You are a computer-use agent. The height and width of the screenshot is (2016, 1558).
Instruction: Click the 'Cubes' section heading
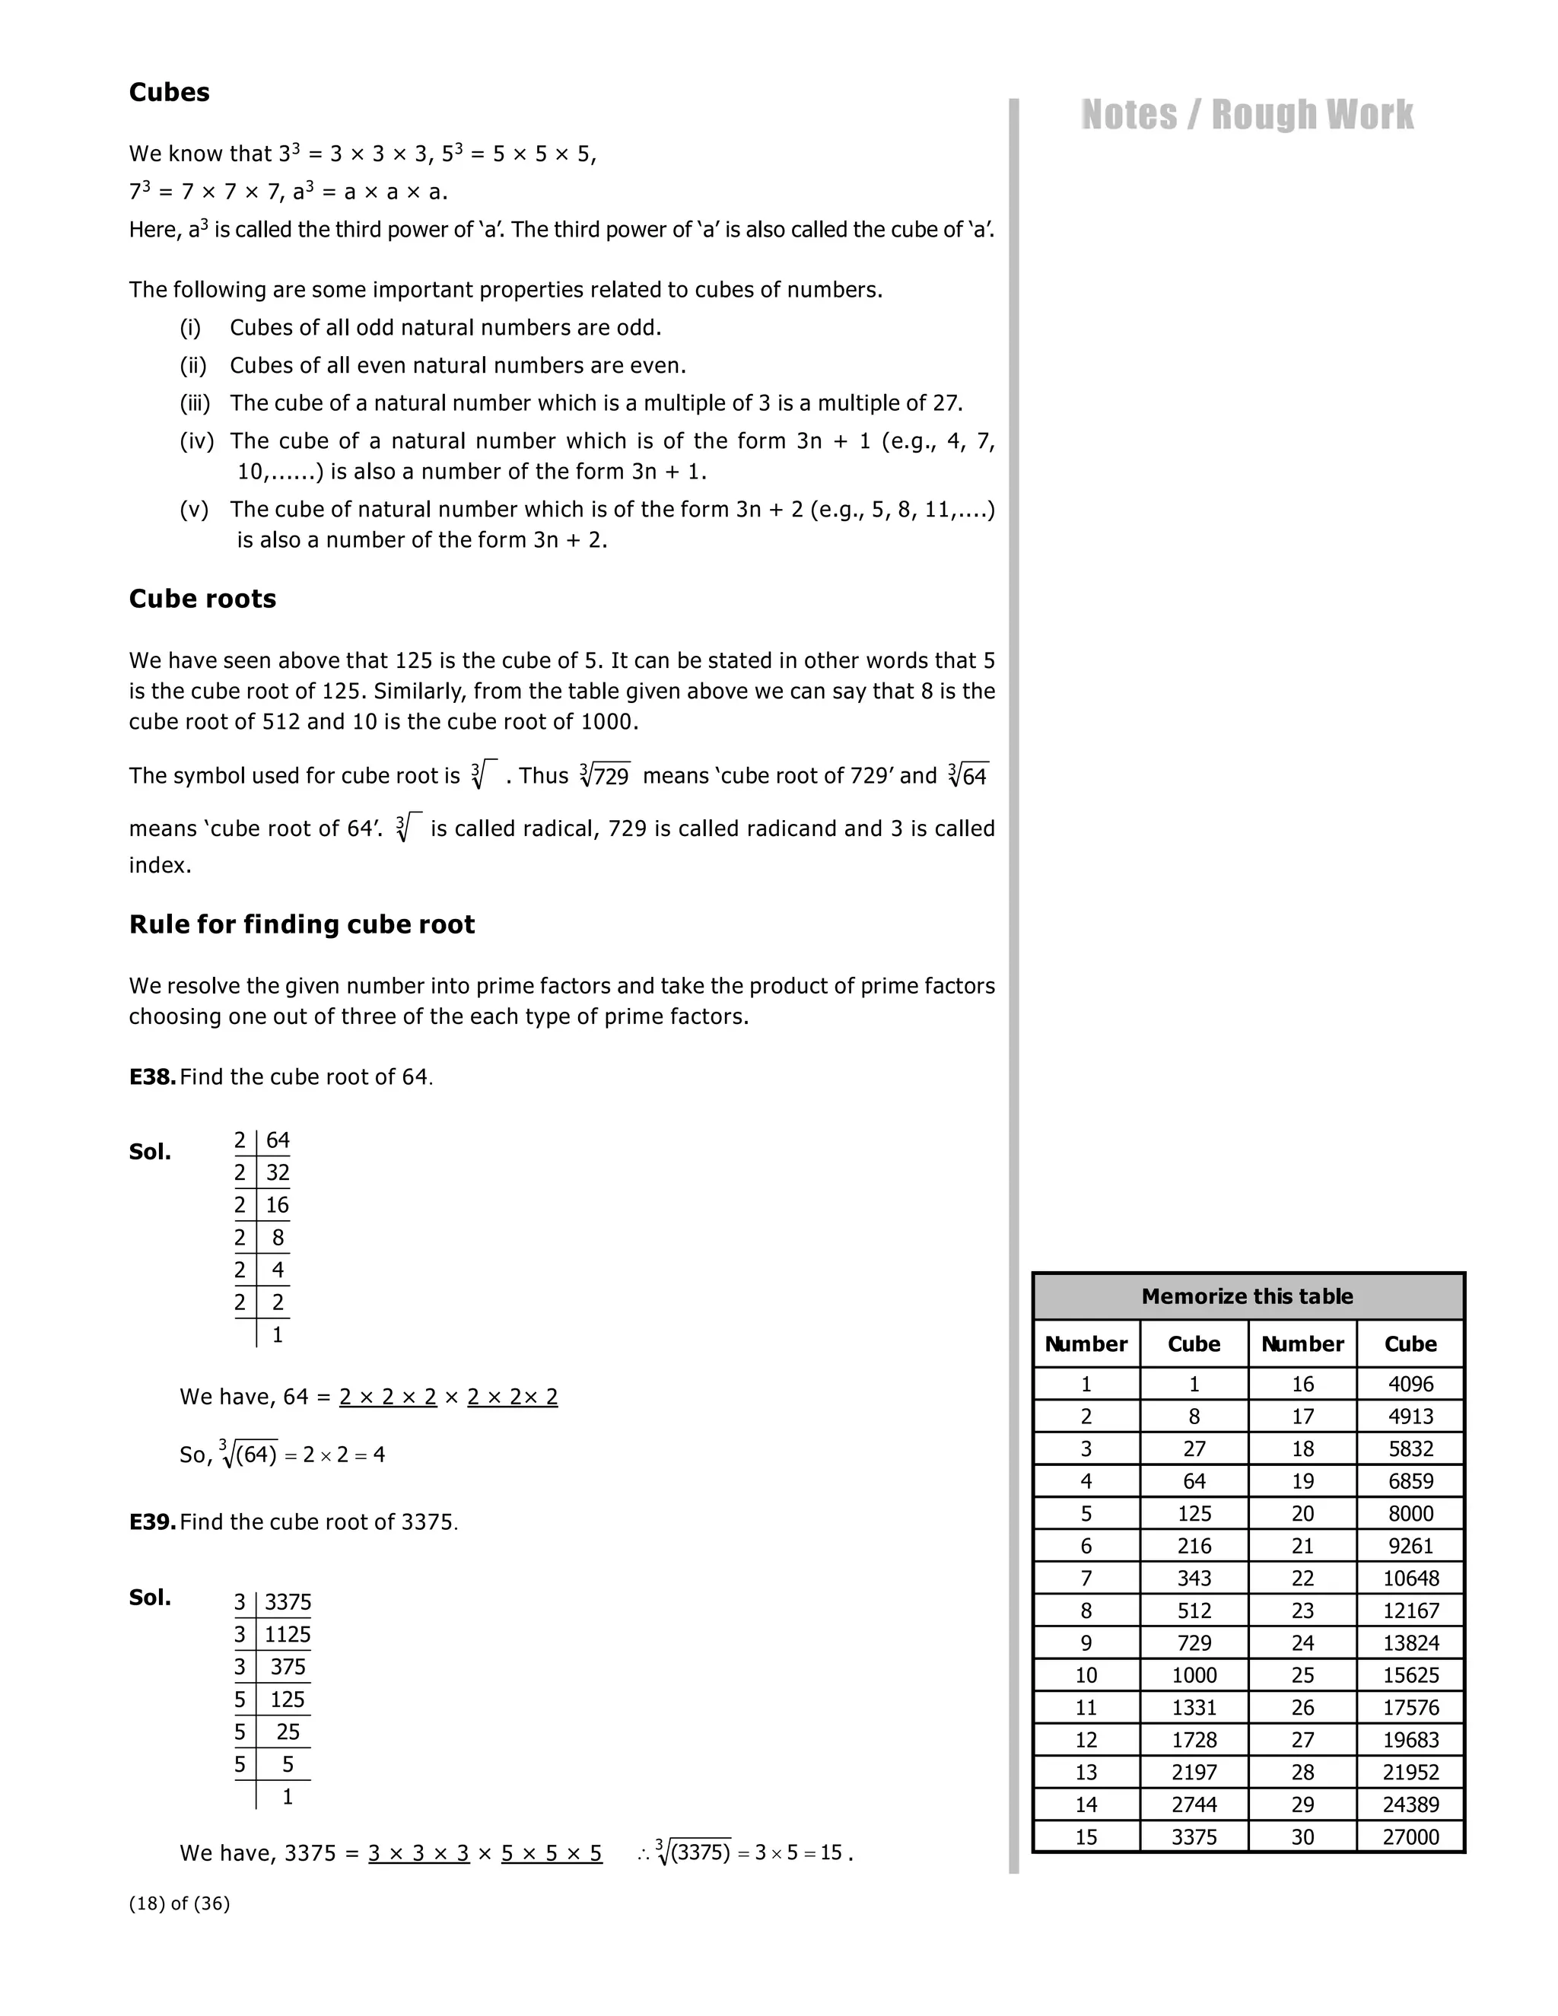[x=169, y=92]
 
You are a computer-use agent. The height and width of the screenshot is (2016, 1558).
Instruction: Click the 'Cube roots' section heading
[x=202, y=599]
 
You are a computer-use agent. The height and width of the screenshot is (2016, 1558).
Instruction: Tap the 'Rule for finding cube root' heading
[x=301, y=925]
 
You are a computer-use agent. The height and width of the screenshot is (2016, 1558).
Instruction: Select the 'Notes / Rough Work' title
[x=1246, y=116]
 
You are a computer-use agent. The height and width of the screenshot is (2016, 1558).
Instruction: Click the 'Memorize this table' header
[x=1247, y=1296]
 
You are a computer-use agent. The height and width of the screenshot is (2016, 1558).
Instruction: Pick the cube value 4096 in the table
[x=1410, y=1384]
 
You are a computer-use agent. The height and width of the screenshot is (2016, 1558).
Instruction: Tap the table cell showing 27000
[x=1410, y=1837]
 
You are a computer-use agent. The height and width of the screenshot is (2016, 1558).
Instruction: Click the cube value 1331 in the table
[x=1194, y=1708]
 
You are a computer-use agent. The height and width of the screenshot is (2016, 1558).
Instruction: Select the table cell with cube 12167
[x=1410, y=1611]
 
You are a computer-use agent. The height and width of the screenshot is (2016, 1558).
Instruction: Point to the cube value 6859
[x=1410, y=1481]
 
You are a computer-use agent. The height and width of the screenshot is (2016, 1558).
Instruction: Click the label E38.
[x=152, y=1077]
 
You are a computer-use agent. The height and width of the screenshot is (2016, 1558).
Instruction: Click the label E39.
[x=152, y=1522]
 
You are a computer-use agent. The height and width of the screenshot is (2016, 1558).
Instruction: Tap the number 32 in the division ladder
[x=278, y=1173]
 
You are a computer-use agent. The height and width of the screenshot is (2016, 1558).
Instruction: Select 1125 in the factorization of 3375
[x=287, y=1635]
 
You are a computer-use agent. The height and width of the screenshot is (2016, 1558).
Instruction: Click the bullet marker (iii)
[x=195, y=403]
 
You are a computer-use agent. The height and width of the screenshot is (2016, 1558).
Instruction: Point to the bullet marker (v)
[x=194, y=510]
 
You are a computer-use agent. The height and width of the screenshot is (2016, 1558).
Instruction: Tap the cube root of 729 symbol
[x=606, y=775]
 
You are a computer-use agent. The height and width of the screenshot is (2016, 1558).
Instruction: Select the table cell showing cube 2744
[x=1194, y=1805]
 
